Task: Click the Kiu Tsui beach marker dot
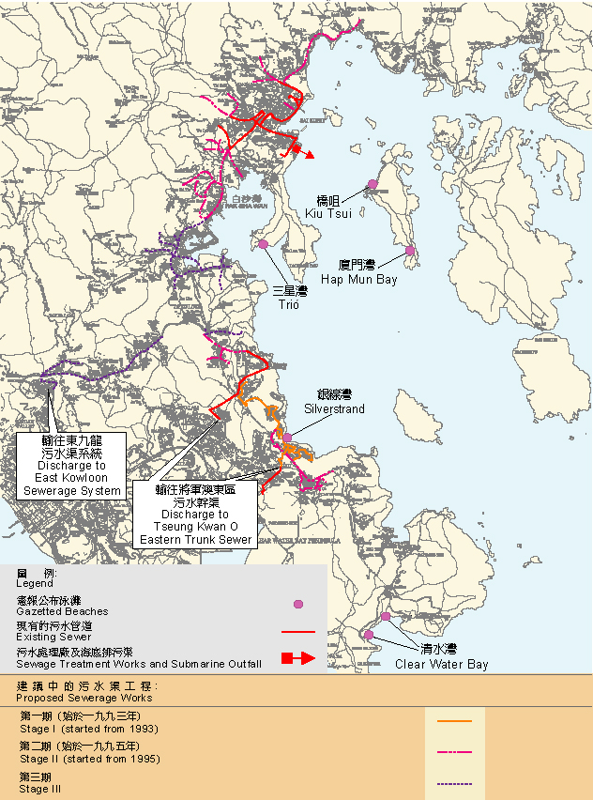[373, 184]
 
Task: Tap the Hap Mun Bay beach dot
[410, 251]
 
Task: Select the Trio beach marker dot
[264, 245]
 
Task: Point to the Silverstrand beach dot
[287, 438]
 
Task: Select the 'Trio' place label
[288, 305]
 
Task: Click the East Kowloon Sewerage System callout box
[72, 466]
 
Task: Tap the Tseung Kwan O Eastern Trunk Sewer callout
[194, 515]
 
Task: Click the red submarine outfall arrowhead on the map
[309, 155]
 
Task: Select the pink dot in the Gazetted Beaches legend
[298, 605]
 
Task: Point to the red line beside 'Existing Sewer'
[298, 632]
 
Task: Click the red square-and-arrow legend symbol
[297, 659]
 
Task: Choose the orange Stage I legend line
[454, 721]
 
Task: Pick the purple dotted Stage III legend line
[454, 783]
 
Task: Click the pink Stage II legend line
[454, 752]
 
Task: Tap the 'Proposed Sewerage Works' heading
[84, 699]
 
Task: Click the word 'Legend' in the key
[36, 583]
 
